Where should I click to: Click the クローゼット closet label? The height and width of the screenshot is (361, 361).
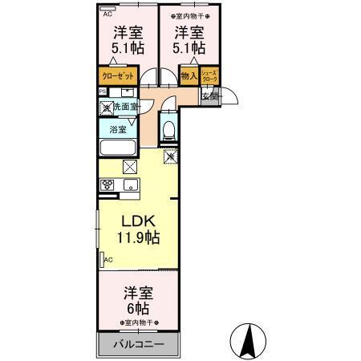point(117,77)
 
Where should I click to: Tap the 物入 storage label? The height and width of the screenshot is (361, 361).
point(189,77)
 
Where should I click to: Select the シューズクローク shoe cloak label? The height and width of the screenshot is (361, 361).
point(209,78)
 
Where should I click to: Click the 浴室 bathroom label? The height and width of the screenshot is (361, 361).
point(117,128)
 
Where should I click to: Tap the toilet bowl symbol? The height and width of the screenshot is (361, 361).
point(168,128)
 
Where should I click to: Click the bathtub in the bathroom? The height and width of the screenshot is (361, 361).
point(119,148)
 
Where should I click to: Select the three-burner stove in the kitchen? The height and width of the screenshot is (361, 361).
point(109,185)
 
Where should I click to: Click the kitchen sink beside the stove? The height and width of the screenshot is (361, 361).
point(131,186)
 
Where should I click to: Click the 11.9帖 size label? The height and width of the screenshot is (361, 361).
point(139,237)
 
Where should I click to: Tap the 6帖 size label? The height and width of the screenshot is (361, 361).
point(137,307)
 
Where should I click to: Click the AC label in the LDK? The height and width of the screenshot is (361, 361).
point(107,260)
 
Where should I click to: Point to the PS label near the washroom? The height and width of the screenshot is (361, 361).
point(102,92)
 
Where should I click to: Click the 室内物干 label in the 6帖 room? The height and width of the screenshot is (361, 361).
point(137,322)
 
